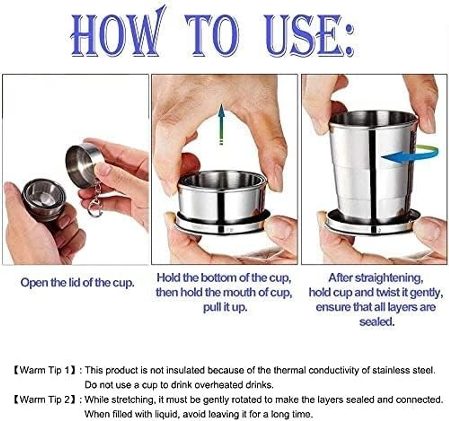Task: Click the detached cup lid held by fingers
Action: (x=82, y=165)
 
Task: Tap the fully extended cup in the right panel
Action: (x=372, y=168)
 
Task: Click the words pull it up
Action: (x=225, y=307)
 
